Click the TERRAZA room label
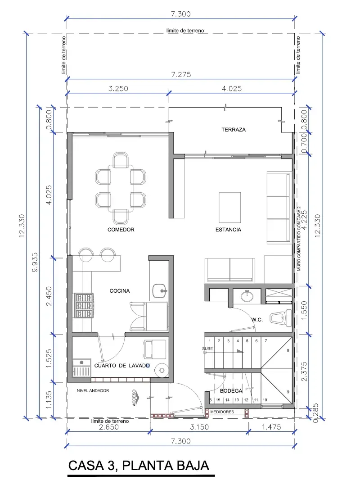coord(234,129)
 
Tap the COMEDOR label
coord(121,230)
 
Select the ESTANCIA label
coord(228,230)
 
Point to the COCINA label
coord(120,291)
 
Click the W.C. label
coord(257,320)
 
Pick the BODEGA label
coord(231,391)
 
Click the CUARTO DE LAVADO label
coord(122,366)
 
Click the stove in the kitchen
coord(84,305)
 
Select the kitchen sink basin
coord(160,291)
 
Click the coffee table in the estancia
coord(229,208)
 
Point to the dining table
coord(121,188)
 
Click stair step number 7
coord(266,341)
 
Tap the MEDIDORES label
coord(222,412)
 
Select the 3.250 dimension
coord(118,89)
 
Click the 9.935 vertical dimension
coord(35,262)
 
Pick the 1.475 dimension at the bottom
coord(271,426)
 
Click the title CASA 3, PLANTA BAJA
coord(139,466)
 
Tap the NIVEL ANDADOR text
coord(93,390)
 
